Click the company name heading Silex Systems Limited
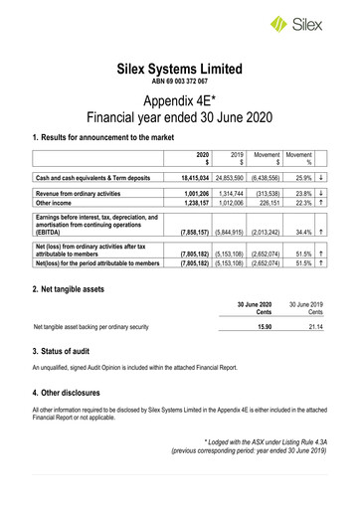coord(180,70)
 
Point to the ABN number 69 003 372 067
coord(180,84)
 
